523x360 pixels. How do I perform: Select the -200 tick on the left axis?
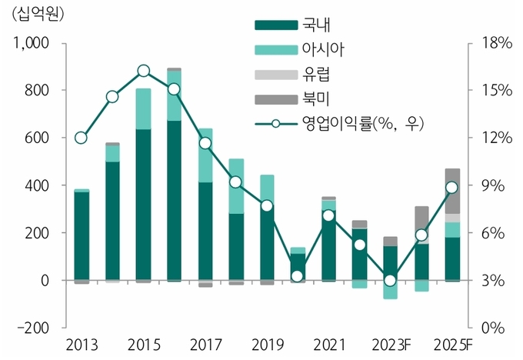coord(32,328)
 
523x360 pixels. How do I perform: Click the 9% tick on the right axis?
coord(493,185)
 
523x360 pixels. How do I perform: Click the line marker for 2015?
coord(144,72)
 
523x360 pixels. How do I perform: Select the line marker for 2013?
coord(81,138)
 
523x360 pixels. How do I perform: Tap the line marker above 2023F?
coord(391,280)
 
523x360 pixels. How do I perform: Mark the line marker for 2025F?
coord(452,188)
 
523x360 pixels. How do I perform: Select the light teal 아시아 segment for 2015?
coord(144,108)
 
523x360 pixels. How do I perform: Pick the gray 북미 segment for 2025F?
coord(452,191)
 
